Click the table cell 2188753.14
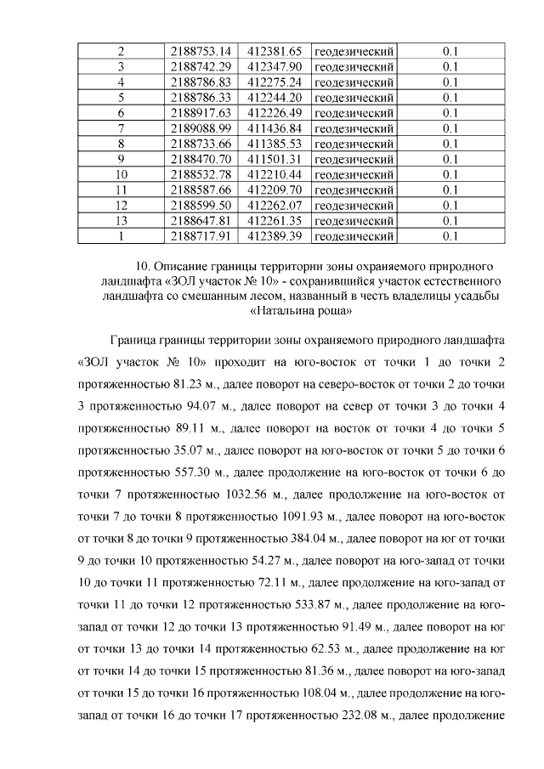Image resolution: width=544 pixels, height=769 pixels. pos(201,51)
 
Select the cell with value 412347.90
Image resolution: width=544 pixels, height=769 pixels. pos(275,66)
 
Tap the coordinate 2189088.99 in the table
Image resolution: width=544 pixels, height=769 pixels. pos(201,127)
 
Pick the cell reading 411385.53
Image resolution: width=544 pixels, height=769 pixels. pos(275,143)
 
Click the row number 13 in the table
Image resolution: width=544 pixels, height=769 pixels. pos(122,220)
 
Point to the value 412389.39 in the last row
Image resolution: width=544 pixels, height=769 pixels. pos(275,235)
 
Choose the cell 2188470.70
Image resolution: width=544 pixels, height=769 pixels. pos(201,158)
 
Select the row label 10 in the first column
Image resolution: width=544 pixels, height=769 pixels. pos(122,174)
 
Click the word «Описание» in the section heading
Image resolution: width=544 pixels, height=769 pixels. pos(182,268)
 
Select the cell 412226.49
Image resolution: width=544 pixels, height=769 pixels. pos(275,112)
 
